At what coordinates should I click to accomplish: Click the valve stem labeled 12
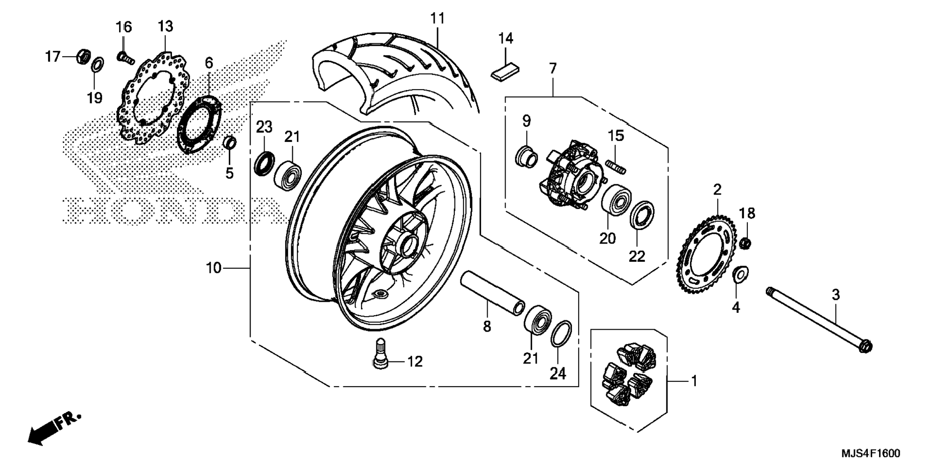click(380, 354)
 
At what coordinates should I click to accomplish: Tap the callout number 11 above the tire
click(438, 18)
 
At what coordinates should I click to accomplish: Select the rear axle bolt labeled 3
click(819, 319)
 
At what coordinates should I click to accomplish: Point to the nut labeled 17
click(83, 56)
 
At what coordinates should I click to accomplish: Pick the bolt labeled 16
click(124, 57)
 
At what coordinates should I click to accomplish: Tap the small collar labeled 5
click(230, 143)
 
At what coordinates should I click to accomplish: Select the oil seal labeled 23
click(264, 164)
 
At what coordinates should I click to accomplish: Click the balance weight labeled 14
click(505, 72)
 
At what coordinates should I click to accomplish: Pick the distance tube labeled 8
click(492, 294)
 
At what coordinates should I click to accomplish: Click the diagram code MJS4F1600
click(870, 453)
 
